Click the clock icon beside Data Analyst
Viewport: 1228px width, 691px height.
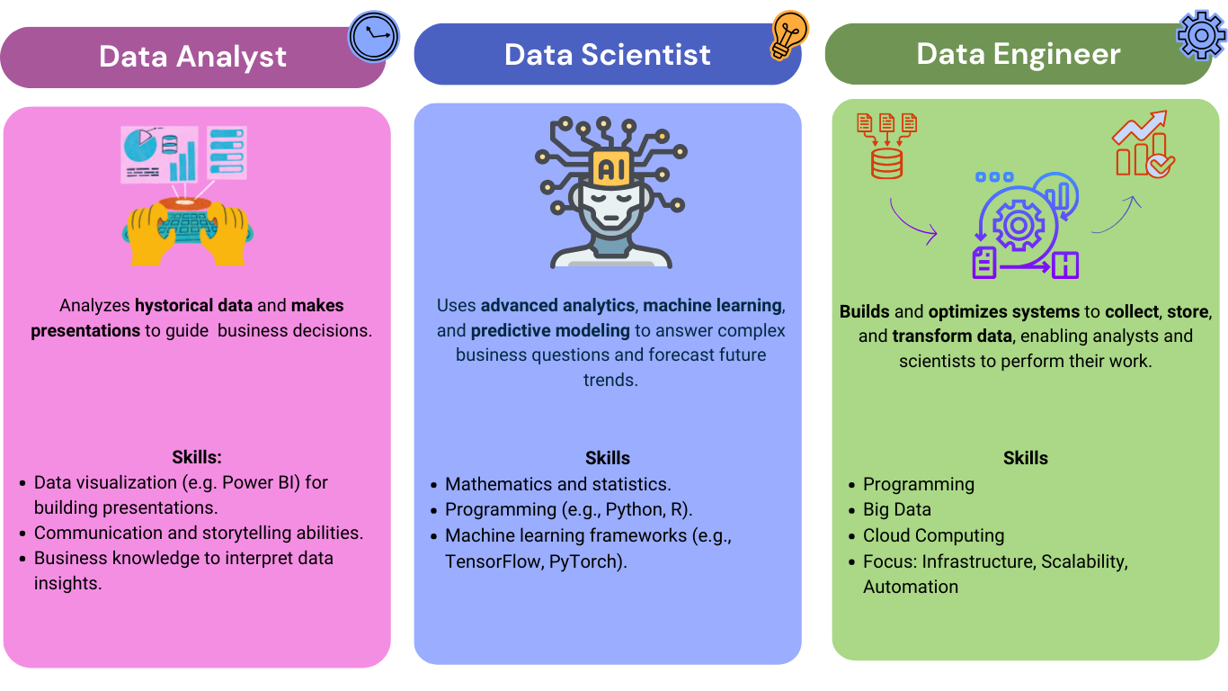click(374, 37)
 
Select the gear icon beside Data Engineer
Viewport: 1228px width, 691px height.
click(1201, 34)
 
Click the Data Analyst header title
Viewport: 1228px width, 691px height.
click(192, 57)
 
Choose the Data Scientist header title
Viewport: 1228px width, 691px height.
click(607, 55)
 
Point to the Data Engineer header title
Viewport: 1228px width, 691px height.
click(1018, 54)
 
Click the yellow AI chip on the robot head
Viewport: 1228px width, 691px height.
click(610, 166)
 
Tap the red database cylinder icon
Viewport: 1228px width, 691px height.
click(886, 162)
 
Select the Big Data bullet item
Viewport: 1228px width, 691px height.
click(896, 509)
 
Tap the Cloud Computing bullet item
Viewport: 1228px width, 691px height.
click(933, 535)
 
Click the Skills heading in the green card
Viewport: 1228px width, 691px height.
click(1025, 458)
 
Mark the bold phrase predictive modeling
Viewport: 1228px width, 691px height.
click(551, 330)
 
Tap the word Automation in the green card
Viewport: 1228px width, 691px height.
click(910, 587)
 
